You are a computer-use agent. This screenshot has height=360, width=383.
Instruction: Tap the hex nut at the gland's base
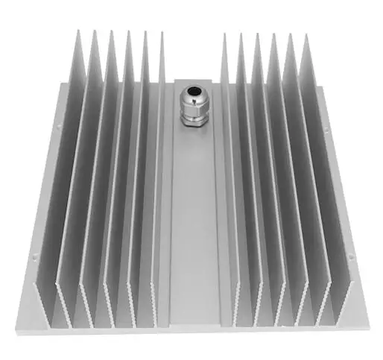click(193, 119)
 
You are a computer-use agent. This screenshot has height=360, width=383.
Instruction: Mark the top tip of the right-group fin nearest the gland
click(224, 34)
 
